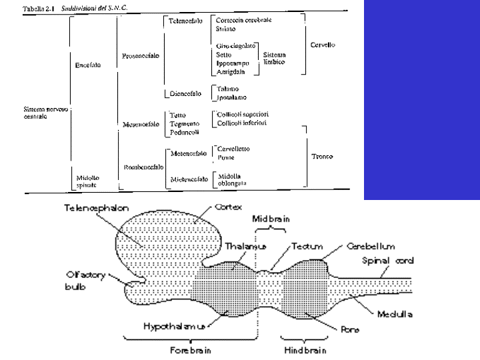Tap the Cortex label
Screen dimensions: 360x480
(229, 207)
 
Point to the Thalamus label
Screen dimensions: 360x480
(247, 245)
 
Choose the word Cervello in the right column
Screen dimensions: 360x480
(323, 45)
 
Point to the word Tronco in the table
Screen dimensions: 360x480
(323, 157)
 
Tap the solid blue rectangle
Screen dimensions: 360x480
(421, 100)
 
